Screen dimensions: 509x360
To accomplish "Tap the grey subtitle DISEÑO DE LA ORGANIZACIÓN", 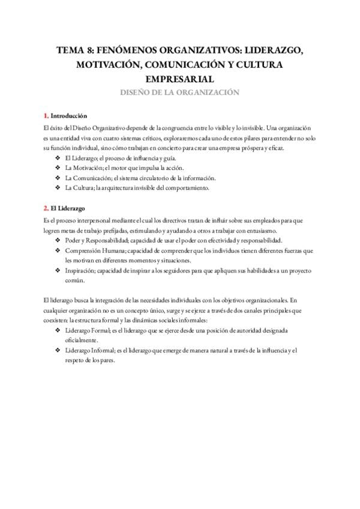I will click(179, 92).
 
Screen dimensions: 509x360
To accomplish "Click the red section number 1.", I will click(46, 115).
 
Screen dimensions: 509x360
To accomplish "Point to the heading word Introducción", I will click(69, 115).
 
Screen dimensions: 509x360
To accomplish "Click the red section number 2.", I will click(46, 208).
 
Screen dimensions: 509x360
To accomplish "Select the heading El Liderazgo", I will click(69, 208).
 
